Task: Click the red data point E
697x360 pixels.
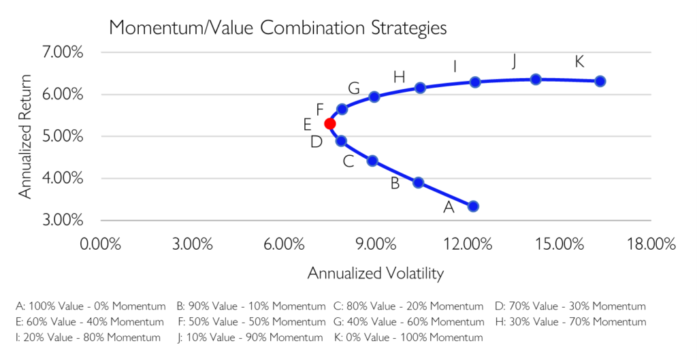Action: coord(330,124)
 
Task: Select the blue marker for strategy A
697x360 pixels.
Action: coord(473,206)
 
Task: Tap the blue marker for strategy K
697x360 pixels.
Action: coord(600,81)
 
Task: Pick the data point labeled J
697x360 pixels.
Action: coord(536,79)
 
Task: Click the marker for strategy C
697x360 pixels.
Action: coord(372,161)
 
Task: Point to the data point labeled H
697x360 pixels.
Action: coord(420,88)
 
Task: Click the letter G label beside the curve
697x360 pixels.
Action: coord(354,88)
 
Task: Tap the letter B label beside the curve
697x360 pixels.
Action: coord(395,183)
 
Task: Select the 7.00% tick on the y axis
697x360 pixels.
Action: coord(63,52)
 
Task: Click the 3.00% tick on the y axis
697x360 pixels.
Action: coord(63,220)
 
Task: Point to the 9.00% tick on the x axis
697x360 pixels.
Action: coord(376,244)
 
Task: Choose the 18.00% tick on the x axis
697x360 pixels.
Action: coord(651,244)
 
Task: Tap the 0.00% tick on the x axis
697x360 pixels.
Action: coord(101,244)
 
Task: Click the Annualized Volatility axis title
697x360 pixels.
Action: coord(376,273)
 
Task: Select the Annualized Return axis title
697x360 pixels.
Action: coord(25,136)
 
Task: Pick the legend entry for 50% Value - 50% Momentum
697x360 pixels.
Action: coord(252,321)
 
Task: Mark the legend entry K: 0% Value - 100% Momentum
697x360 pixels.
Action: coord(409,338)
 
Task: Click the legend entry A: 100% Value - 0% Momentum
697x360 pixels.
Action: coord(91,306)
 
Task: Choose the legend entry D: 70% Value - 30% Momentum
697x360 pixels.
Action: coord(571,306)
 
